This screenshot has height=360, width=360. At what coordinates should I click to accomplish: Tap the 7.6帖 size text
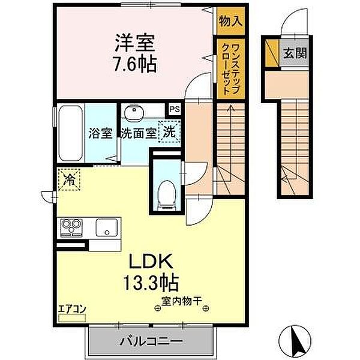(136, 63)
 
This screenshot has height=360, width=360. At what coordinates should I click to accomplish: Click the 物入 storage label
(230, 19)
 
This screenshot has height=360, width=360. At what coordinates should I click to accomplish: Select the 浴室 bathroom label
(100, 133)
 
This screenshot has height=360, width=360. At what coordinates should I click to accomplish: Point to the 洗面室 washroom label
(138, 133)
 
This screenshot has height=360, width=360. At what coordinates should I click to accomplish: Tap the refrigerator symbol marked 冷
(70, 178)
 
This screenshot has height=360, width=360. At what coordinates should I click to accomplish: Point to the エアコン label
(71, 310)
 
